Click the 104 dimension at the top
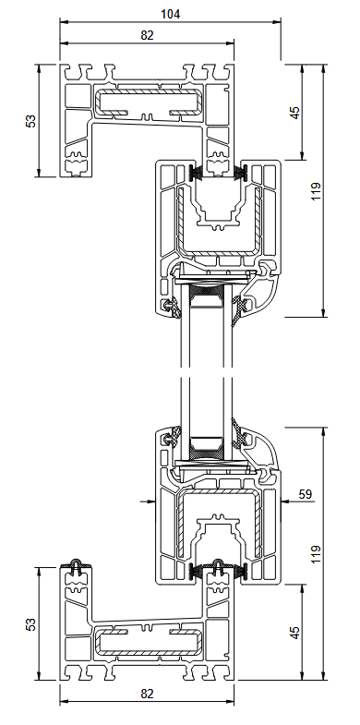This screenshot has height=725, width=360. point(170,13)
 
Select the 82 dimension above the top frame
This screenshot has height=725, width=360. point(147,35)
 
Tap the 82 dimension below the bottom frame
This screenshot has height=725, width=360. point(147,694)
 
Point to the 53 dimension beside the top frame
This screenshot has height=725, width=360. point(31,120)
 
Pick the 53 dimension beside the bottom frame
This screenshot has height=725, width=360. point(31,625)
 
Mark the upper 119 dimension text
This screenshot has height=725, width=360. point(317,191)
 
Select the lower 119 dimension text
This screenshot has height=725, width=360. point(317,553)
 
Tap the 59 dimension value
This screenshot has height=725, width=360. point(306,495)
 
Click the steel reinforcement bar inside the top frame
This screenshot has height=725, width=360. point(149,103)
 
